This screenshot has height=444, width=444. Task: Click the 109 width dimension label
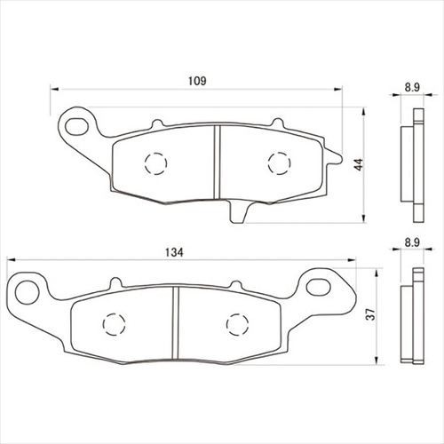click(197, 81)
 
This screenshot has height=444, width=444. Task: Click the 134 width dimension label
click(174, 252)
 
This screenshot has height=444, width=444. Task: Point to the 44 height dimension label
click(359, 164)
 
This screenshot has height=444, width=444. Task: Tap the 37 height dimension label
click(371, 314)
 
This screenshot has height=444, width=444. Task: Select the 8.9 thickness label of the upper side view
click(412, 88)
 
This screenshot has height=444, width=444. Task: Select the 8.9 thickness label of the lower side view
click(412, 242)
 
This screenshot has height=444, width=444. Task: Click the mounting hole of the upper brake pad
click(77, 126)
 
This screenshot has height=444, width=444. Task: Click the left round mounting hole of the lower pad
click(28, 292)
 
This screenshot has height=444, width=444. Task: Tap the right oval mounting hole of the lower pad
click(318, 286)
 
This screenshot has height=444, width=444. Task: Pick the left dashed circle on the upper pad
click(156, 163)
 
